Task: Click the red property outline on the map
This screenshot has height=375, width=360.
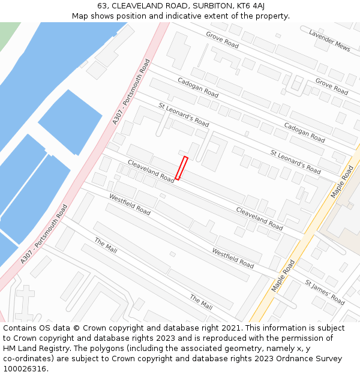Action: pyautogui.click(x=181, y=168)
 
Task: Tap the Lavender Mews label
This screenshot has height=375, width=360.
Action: pyautogui.click(x=329, y=40)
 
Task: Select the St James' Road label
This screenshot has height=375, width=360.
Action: pyautogui.click(x=325, y=292)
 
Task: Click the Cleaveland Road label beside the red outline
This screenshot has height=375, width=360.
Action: pyautogui.click(x=151, y=172)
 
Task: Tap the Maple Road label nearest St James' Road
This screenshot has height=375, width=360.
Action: pyautogui.click(x=283, y=275)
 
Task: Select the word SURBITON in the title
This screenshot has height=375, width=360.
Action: pyautogui.click(x=202, y=6)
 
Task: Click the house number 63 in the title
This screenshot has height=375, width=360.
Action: pyautogui.click(x=103, y=6)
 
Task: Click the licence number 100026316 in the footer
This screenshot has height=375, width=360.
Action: pyautogui.click(x=25, y=369)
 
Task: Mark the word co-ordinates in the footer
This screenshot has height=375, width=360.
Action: pyautogui.click(x=28, y=359)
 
